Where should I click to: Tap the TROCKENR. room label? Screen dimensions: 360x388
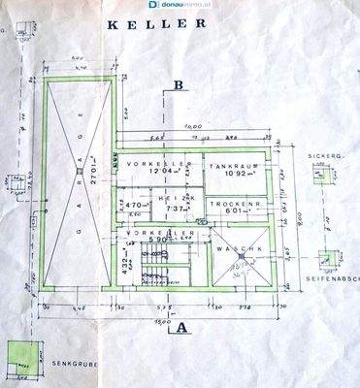tap(236, 205)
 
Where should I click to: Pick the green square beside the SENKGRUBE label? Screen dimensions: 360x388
tap(16, 356)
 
